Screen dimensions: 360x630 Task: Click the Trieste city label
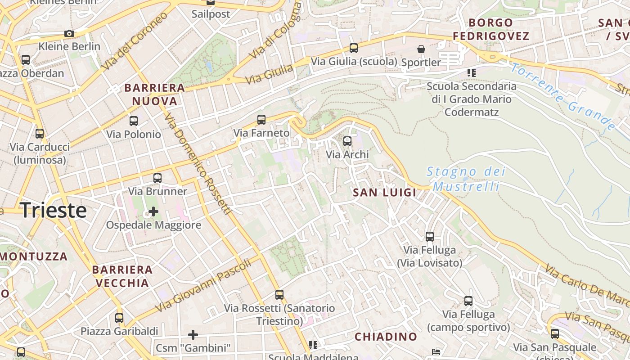[54, 210]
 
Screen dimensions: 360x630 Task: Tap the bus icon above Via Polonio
[134, 121]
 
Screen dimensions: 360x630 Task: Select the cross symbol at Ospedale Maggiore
[153, 211]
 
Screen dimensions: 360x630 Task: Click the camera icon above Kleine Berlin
[69, 33]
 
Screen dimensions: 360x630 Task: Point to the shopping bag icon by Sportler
[421, 49]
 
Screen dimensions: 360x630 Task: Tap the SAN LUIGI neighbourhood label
[384, 193]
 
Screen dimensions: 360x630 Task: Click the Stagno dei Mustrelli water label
[466, 179]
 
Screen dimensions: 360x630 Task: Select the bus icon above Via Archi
[347, 141]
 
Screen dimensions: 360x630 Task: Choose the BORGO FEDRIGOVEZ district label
[490, 29]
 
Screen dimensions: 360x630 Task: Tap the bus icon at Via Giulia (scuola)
[354, 48]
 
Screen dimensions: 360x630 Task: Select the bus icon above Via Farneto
[261, 119]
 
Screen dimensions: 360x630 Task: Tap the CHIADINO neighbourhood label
[386, 337]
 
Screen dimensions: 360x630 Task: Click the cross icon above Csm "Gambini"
[193, 334]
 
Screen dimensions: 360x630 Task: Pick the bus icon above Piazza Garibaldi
[119, 318]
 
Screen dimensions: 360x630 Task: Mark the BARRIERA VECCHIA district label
[122, 276]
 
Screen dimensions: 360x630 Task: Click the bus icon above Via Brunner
[157, 178]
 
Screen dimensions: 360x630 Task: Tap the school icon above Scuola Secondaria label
[471, 72]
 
